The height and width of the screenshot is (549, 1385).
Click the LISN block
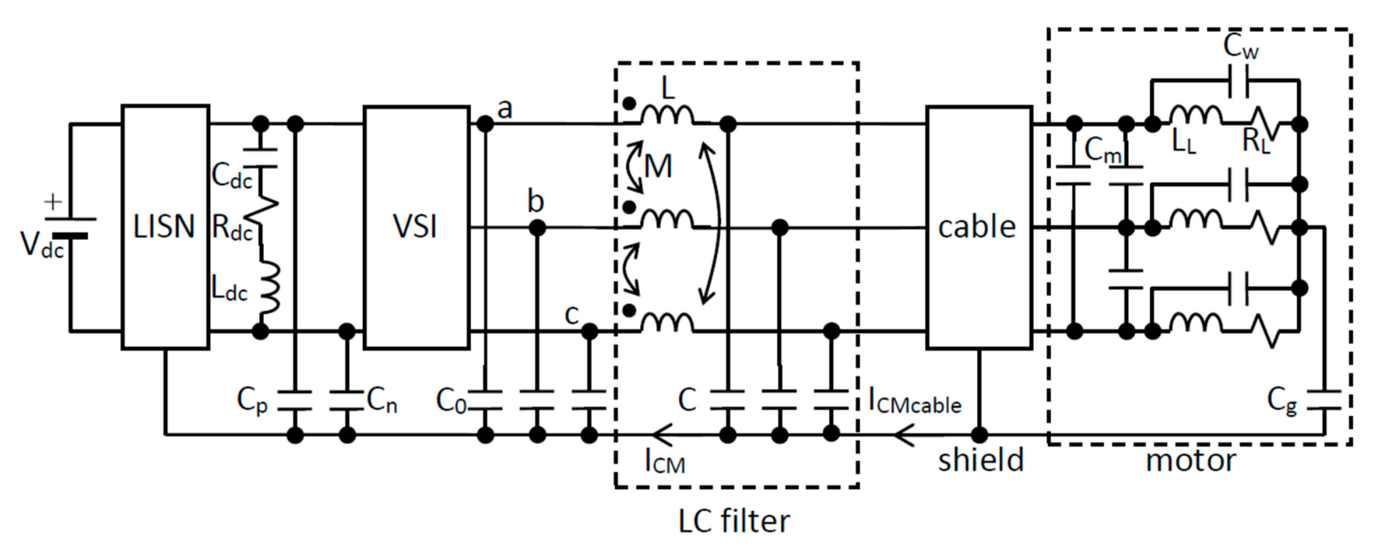(165, 227)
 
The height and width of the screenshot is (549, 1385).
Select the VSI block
(416, 227)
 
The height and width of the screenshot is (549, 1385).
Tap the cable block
(978, 227)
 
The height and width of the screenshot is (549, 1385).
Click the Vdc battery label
(42, 245)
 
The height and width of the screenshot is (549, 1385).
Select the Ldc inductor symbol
(271, 287)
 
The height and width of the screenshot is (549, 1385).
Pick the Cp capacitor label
(252, 401)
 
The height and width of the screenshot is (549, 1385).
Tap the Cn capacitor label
(382, 401)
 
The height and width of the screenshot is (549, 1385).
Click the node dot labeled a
(485, 124)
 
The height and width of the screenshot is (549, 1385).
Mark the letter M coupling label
(658, 167)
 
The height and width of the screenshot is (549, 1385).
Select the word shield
(981, 461)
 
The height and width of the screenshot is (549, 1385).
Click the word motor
(1191, 461)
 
